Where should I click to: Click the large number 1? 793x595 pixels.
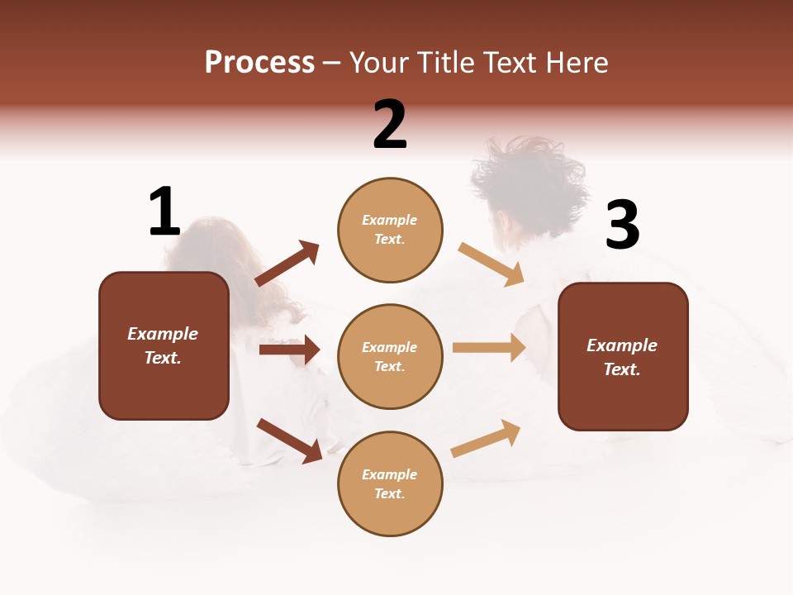pyautogui.click(x=164, y=212)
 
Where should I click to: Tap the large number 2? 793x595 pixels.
pyautogui.click(x=390, y=125)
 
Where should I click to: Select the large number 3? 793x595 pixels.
pyautogui.click(x=622, y=226)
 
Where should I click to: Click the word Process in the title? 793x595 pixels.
pyautogui.click(x=259, y=62)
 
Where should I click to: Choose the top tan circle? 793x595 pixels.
pyautogui.click(x=390, y=230)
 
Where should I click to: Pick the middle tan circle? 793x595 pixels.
pyautogui.click(x=390, y=356)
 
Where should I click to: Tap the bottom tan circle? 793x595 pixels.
pyautogui.click(x=390, y=483)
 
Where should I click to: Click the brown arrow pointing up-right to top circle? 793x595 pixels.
pyautogui.click(x=287, y=264)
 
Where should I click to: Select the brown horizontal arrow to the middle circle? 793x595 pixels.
pyautogui.click(x=289, y=350)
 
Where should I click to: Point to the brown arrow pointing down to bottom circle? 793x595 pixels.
pyautogui.click(x=290, y=440)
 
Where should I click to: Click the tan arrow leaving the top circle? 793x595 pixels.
pyautogui.click(x=491, y=264)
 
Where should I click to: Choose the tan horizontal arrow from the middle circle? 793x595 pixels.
pyautogui.click(x=489, y=348)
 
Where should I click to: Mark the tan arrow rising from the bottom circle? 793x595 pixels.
pyautogui.click(x=486, y=438)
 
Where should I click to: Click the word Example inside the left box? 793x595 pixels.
pyautogui.click(x=163, y=334)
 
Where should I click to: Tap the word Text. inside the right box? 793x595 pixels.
pyautogui.click(x=622, y=369)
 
